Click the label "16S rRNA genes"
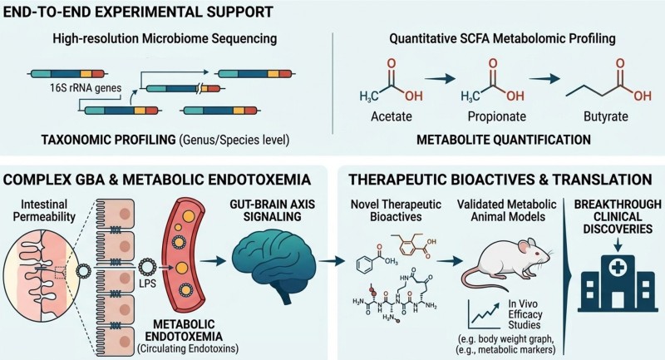[x=86, y=88]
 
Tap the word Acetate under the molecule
[x=391, y=116]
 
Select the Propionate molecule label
[x=496, y=116]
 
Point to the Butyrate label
[x=606, y=116]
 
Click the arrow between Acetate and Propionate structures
[x=440, y=78]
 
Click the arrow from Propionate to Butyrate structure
[x=544, y=78]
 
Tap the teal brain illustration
[x=274, y=266]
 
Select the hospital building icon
[x=618, y=283]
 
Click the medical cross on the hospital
[x=618, y=268]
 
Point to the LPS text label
[x=148, y=283]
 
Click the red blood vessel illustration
[x=183, y=260]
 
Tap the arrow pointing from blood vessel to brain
[x=214, y=261]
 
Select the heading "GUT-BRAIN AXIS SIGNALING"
[x=273, y=210]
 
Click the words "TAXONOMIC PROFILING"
[x=109, y=140]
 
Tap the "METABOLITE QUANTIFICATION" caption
[x=504, y=140]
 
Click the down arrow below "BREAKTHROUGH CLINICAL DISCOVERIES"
[x=618, y=244]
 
